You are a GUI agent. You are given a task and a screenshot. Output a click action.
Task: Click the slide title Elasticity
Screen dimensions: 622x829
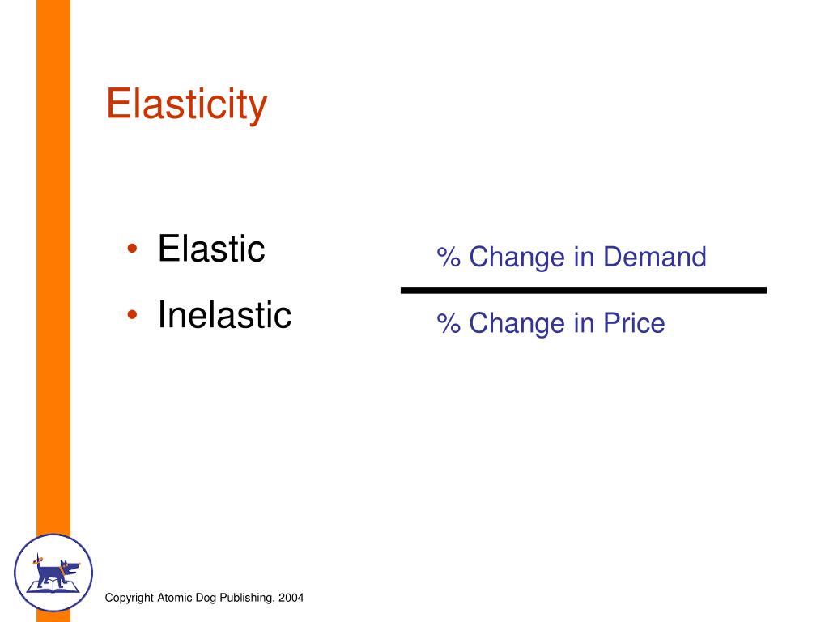[186, 104]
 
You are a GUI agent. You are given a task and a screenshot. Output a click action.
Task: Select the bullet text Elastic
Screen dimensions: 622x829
[211, 249]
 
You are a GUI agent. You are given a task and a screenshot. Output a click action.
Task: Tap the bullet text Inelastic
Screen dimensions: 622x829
[224, 314]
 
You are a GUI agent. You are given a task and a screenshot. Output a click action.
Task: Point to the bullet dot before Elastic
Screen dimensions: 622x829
[132, 250]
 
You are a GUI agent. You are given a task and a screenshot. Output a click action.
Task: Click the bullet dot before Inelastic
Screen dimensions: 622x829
[132, 316]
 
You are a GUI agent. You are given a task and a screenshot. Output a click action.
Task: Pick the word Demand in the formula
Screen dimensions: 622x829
[655, 257]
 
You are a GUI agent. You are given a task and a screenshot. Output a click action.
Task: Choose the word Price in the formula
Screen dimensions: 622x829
[633, 323]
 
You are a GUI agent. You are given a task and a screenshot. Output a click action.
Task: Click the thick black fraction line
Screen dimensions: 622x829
[583, 289]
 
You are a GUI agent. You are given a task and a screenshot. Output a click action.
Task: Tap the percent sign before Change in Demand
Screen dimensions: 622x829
[448, 258]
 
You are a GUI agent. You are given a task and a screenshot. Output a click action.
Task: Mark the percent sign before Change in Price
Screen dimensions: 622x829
[448, 324]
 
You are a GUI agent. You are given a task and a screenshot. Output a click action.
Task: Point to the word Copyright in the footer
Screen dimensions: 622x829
[130, 598]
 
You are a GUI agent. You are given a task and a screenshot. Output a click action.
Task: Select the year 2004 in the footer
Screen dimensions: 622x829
[291, 598]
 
